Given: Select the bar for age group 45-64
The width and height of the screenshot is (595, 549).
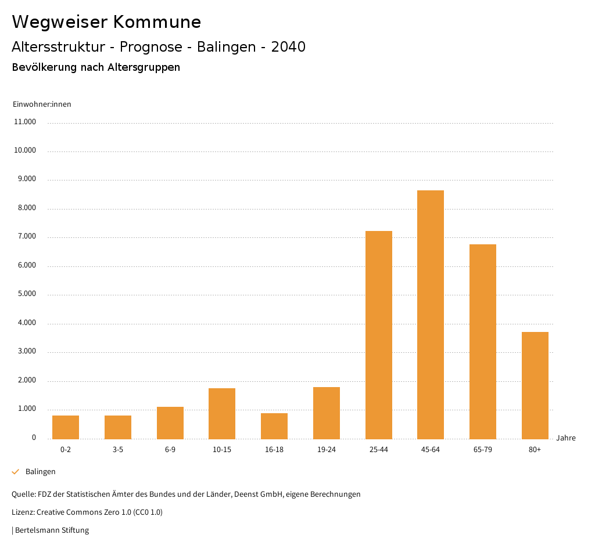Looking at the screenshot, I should coord(431,315).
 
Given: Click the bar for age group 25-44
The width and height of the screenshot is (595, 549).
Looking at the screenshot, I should coord(378,335).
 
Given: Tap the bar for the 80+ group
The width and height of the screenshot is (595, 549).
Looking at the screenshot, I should coord(535,385).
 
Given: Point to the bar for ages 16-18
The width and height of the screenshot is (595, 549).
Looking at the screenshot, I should coord(274,426).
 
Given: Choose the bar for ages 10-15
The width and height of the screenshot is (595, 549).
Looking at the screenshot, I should coord(222,413).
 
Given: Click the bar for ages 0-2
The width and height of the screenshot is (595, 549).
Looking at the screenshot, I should coord(66,427).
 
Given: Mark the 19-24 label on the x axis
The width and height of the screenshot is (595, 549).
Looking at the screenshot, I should coord(327,450).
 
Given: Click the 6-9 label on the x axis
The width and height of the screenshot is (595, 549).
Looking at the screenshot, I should coord(170,450).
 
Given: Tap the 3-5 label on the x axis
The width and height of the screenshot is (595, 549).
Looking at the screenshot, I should coord(118,450).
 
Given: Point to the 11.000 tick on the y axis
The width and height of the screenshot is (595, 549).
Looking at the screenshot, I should coord(25,122).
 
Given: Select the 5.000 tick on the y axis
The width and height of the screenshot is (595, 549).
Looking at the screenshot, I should coord(26,294).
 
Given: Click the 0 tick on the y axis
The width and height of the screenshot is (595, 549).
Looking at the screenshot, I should coord(34,438).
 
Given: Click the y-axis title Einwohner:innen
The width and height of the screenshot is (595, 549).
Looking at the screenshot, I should coord(42,104).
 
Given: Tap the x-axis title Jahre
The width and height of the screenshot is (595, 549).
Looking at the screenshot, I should coord(565,438).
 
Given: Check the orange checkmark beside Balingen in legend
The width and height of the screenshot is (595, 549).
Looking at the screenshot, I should coord(16,472).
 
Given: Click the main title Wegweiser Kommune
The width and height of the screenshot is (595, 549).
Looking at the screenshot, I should coord(106,21).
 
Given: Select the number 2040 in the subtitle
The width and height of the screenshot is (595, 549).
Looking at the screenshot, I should coord(288,47).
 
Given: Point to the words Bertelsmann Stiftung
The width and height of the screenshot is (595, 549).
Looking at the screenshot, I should coord(52,530).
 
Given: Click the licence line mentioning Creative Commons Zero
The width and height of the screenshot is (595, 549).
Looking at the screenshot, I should coord(87,512).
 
